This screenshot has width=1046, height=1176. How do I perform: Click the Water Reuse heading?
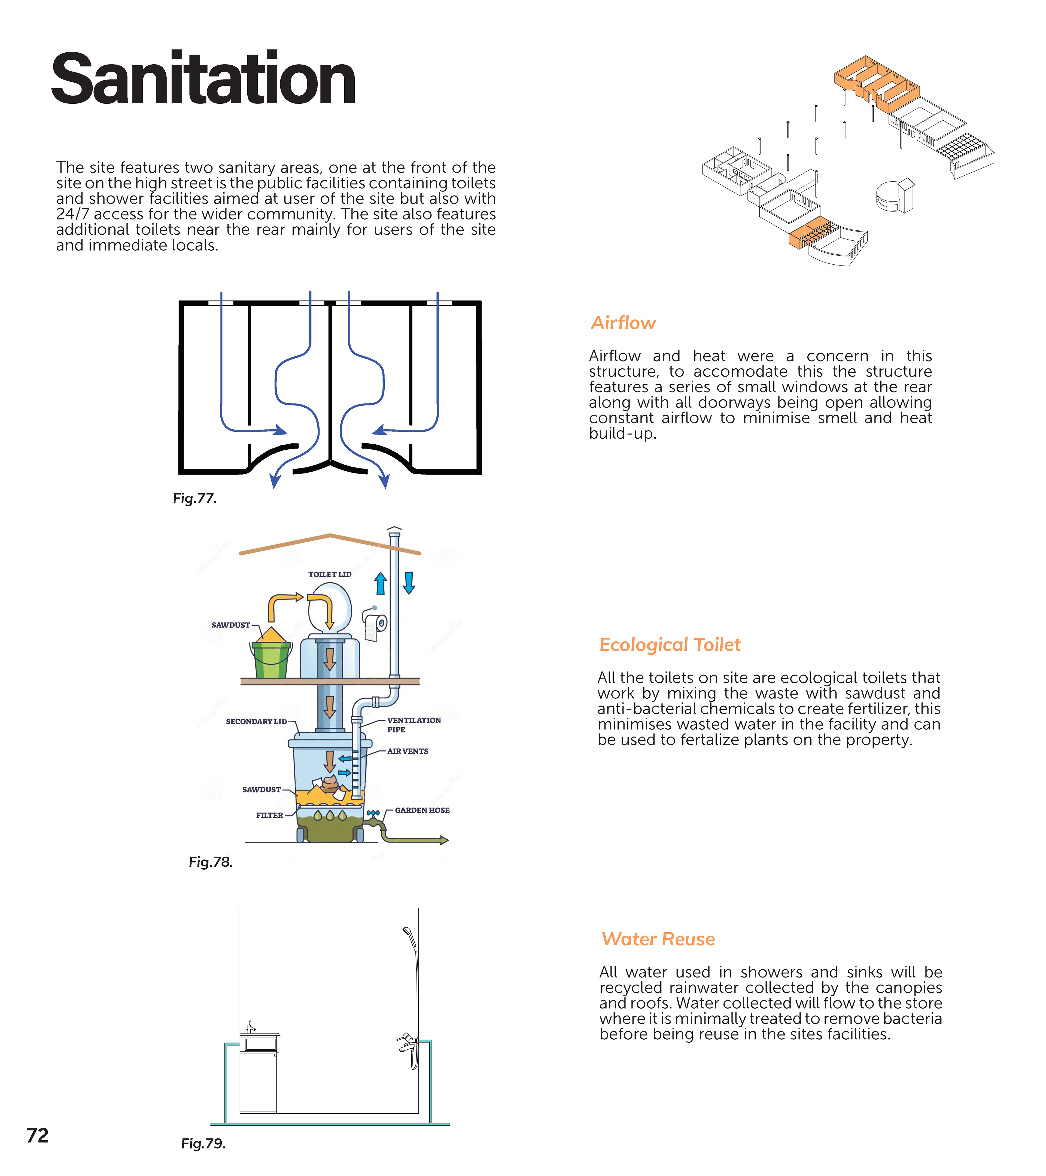tap(658, 939)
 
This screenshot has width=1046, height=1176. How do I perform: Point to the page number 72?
tap(37, 1135)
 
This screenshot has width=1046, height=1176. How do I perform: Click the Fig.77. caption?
tap(194, 498)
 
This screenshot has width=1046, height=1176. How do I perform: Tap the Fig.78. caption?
tap(211, 862)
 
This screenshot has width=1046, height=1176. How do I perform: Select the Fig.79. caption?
tap(203, 1143)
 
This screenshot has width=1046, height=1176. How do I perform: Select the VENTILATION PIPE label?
tap(413, 724)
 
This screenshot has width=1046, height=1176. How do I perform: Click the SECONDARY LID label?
tap(256, 722)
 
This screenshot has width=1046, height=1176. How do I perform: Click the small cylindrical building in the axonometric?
tap(888, 196)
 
